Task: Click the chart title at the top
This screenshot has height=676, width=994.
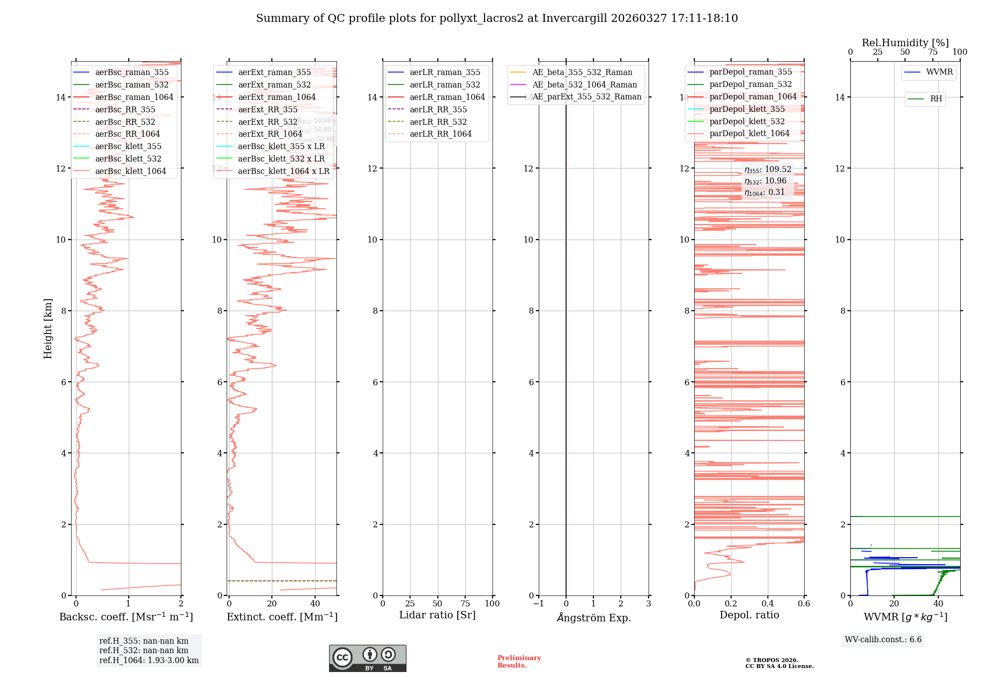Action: coord(497,18)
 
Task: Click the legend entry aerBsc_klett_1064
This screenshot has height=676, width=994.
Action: coord(130,171)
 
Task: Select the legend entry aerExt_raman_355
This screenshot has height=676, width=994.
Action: coord(274,72)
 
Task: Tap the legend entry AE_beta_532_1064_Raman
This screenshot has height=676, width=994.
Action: coord(584,84)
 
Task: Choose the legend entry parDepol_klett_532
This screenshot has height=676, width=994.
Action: coord(747,121)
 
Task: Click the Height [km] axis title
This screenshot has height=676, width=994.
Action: coord(48,328)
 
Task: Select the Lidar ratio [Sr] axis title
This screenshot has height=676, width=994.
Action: coord(437,615)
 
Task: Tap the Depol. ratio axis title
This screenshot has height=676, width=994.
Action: coord(749,615)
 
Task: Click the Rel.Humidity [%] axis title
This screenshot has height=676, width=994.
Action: coord(905,43)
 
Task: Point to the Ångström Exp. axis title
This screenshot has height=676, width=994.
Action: coord(593,617)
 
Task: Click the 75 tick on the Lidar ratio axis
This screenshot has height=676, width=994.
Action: coord(465,603)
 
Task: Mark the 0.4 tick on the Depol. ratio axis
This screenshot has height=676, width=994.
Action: coord(767,603)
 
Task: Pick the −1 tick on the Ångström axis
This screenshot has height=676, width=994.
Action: coord(538,603)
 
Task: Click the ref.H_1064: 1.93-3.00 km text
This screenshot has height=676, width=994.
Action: coord(149,660)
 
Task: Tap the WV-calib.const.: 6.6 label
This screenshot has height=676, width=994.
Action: coord(883,639)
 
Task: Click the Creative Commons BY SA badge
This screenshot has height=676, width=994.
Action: coord(367,658)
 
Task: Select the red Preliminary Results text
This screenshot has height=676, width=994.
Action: coord(519,661)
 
